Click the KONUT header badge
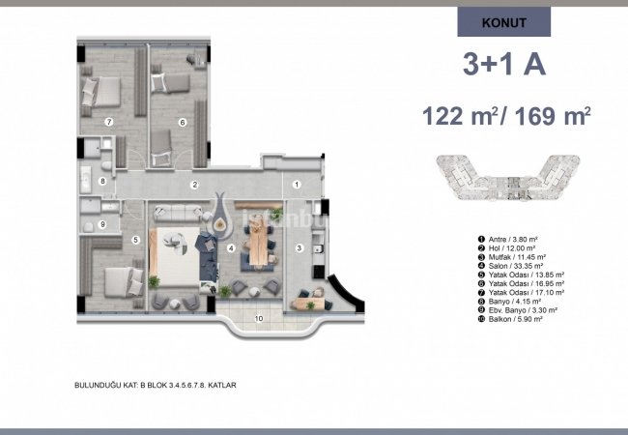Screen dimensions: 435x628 tap(503, 22)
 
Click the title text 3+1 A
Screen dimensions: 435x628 tap(504, 66)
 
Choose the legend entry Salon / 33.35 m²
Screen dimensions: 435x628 tap(514, 266)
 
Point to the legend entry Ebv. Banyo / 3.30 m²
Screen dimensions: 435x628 tap(523, 310)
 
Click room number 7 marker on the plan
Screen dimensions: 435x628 tap(109, 122)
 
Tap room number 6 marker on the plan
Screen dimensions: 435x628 tap(182, 122)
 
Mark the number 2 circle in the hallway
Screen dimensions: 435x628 tap(194, 184)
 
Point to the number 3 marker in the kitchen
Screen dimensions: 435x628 tap(300, 248)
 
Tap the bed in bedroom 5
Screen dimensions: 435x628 tap(113, 281)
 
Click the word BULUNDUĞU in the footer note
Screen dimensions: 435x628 tap(100, 384)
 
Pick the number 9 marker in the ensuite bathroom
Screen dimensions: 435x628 tap(101, 223)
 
